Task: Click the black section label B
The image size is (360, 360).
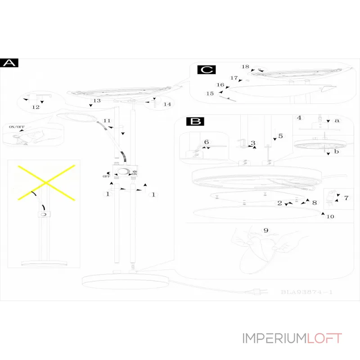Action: [195, 121]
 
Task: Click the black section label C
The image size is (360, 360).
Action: [207, 70]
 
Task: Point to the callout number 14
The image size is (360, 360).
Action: [167, 104]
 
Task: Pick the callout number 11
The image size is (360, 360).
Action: [107, 121]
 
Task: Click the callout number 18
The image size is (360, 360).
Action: [245, 67]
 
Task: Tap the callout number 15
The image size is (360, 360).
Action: [210, 94]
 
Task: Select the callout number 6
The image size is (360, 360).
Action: [207, 142]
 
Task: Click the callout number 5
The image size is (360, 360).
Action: [280, 135]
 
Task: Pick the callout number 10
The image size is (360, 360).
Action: [330, 216]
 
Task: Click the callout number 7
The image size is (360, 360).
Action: [346, 198]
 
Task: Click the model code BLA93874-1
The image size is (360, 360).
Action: [306, 292]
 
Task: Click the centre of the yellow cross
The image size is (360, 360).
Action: [45, 183]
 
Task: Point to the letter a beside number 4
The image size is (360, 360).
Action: [337, 121]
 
